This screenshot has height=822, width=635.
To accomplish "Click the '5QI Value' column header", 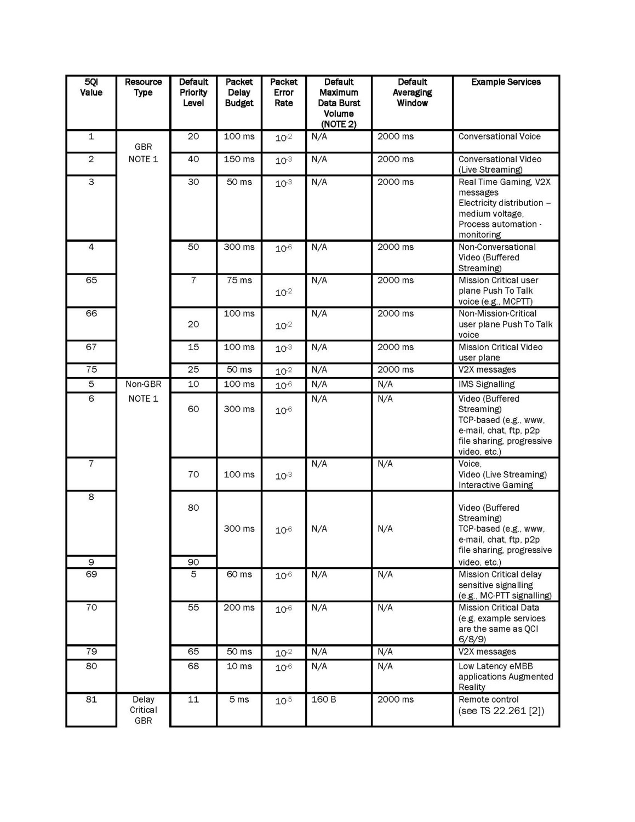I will [x=91, y=88].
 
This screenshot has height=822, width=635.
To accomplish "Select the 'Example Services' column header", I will [x=506, y=82].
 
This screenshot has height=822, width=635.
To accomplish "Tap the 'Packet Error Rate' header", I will [x=283, y=93].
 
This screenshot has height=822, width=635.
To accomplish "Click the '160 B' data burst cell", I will [x=324, y=700].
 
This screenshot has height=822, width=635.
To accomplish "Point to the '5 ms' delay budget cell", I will [x=239, y=700].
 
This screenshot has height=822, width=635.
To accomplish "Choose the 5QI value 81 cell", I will [x=91, y=700].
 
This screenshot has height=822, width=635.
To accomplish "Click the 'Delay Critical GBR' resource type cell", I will [x=143, y=710].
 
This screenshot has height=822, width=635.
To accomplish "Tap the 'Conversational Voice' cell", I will [x=499, y=136].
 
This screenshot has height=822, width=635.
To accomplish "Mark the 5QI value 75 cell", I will [x=91, y=370].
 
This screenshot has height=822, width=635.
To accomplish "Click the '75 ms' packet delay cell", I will [x=239, y=281].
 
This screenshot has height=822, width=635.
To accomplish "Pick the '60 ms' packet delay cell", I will [x=239, y=575].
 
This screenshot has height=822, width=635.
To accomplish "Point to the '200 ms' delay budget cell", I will [x=239, y=608].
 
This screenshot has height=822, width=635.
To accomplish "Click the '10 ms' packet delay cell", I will [x=239, y=666].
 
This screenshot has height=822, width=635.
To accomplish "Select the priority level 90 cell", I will [x=193, y=562].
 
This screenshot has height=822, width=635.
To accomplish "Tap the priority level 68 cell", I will [x=193, y=666].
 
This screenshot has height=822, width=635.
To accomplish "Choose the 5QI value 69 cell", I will [x=91, y=575].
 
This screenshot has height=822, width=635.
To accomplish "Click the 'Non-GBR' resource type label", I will [x=143, y=385].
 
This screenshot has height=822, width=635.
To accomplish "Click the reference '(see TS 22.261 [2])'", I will [x=501, y=711].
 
